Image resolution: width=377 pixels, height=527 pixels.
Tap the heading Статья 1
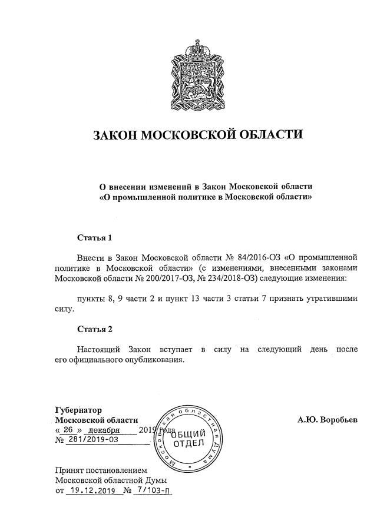(x=94, y=238)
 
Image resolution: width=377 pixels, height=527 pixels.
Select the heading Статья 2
(x=94, y=327)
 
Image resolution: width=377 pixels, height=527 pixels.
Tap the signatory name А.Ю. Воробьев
(x=328, y=420)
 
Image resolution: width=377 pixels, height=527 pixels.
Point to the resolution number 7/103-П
(x=152, y=490)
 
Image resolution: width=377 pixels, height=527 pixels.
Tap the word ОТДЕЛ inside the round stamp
(x=188, y=443)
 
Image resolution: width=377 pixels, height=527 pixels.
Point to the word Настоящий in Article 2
(x=99, y=349)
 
